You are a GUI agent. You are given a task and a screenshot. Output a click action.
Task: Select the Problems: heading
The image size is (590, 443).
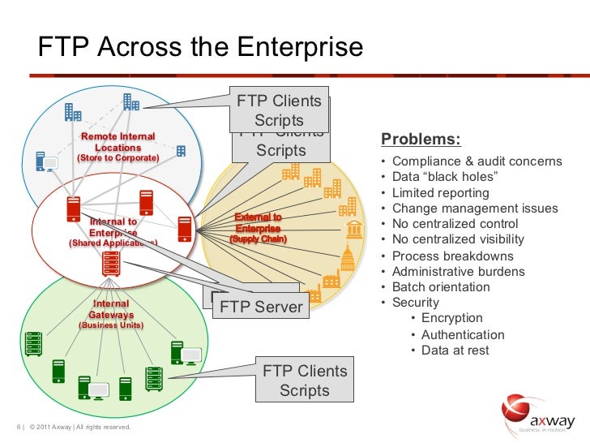421,139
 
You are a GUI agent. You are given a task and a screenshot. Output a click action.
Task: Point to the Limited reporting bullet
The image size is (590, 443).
440,193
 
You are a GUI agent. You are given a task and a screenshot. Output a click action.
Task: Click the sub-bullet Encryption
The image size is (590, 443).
451,318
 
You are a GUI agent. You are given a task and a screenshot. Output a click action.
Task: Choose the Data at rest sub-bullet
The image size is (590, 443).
455,351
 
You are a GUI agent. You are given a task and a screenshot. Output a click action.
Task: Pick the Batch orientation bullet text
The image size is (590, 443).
441,287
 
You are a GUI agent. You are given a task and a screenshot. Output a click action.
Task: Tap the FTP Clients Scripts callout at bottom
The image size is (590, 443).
304,381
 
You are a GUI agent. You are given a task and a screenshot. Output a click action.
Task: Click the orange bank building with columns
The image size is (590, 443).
353,230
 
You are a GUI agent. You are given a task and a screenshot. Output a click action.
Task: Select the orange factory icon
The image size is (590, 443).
331,281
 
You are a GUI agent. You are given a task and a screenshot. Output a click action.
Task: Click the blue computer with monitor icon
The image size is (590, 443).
45,161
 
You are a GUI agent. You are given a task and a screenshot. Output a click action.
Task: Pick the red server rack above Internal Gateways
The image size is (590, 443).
112,262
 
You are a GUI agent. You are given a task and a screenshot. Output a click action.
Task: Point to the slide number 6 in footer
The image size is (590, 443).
18,428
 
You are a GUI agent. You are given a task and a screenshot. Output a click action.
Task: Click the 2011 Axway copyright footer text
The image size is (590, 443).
79,428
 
